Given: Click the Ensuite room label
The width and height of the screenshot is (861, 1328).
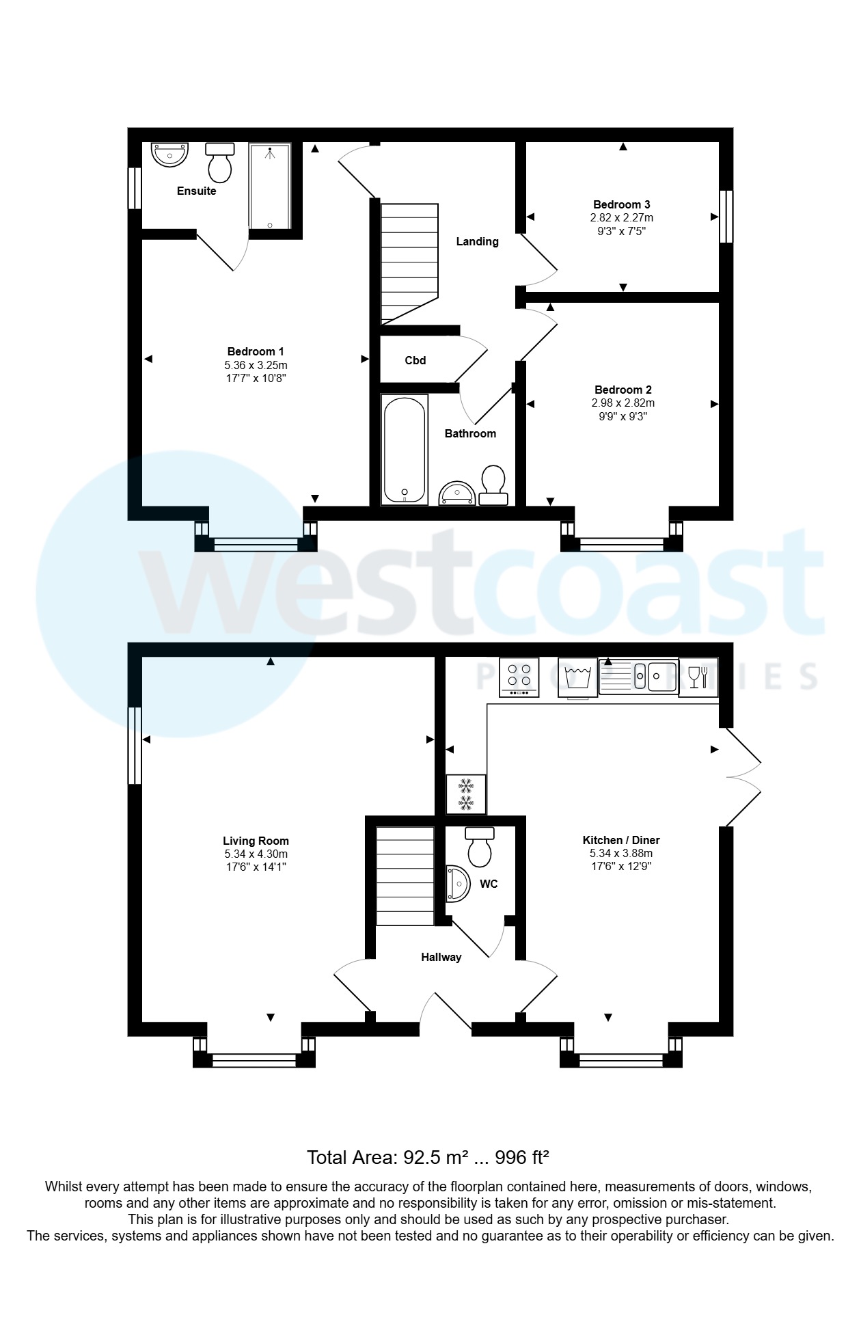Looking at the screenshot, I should tap(196, 191).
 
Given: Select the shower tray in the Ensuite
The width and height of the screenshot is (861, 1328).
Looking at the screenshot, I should tap(269, 185).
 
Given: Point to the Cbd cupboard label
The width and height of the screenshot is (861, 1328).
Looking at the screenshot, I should tap(415, 360).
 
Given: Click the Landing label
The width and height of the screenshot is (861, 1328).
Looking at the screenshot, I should tap(477, 241).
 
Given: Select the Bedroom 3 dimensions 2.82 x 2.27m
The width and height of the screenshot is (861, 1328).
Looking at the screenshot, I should tap(621, 218).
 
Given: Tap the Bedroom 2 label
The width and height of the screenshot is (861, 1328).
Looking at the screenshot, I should tap(623, 390).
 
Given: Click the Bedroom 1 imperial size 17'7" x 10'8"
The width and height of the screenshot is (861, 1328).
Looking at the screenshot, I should tap(256, 378).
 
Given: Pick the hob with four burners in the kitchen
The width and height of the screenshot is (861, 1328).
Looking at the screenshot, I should tap(519, 677).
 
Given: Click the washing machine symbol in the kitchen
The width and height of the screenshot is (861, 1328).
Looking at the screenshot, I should tap(578, 677).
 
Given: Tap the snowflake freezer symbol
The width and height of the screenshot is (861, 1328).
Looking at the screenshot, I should tap(466, 794).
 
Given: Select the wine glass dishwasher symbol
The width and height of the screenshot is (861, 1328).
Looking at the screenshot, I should tap(698, 677).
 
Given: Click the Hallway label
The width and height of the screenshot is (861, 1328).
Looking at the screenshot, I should tap(441, 958).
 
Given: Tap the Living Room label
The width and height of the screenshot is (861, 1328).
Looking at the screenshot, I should tap(256, 841).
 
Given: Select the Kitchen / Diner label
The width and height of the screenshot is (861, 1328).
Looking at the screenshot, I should tap(620, 841).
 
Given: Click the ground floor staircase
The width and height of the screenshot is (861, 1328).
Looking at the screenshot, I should tap(405, 876).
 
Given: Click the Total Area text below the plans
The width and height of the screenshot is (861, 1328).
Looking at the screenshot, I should tap(428, 1157).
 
